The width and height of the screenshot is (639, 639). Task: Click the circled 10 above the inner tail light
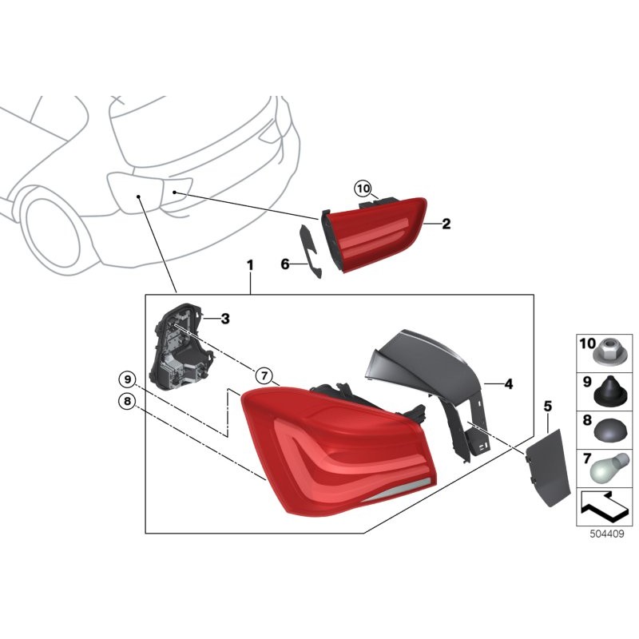(363, 189)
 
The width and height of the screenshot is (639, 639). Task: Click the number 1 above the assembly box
(250, 264)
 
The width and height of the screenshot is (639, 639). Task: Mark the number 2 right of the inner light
(447, 224)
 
